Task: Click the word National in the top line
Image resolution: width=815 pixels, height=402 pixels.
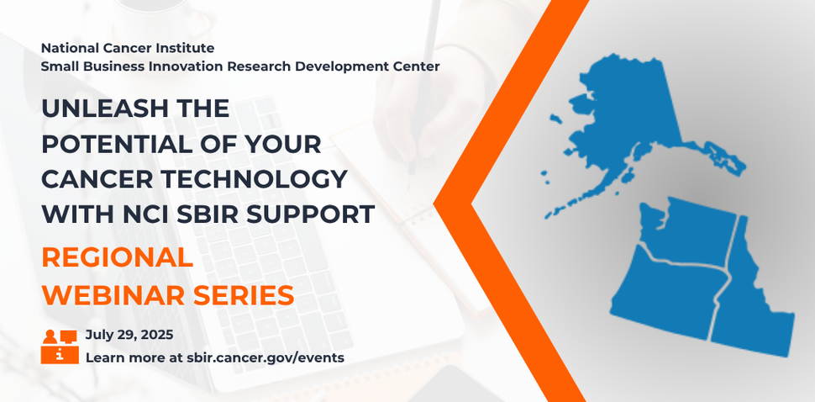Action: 70,48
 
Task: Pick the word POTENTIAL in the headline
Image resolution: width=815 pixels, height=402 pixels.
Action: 111,145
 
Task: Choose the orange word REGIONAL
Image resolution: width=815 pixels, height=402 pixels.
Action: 117,258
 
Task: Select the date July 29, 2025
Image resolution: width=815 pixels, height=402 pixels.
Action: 129,335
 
